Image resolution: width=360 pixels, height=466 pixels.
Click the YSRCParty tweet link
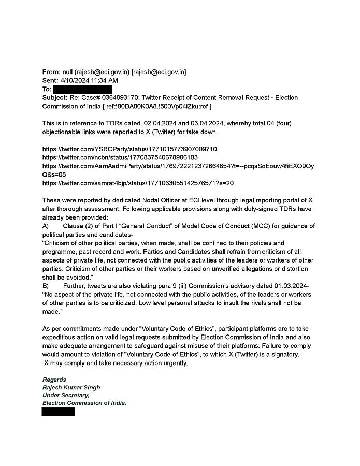(129, 149)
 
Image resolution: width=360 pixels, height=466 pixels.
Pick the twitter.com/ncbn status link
(120, 157)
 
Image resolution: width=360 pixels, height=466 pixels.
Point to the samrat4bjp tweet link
(138, 183)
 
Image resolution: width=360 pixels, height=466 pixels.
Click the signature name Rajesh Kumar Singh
(71, 387)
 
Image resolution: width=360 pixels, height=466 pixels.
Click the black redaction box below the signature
(58, 412)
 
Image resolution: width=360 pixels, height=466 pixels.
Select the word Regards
(54, 380)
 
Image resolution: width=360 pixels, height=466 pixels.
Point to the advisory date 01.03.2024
(292, 286)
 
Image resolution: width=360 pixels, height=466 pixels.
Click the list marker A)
(46, 226)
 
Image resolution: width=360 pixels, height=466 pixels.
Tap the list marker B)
(46, 286)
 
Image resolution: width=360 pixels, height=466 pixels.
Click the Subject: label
(55, 97)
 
